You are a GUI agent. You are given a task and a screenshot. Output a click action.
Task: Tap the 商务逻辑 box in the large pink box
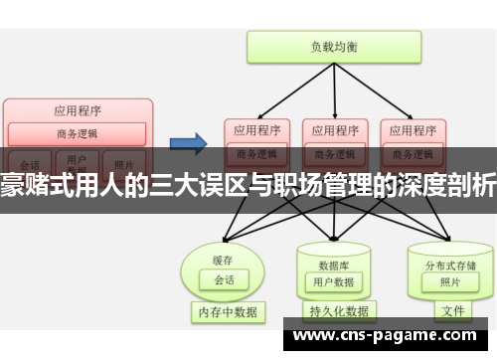click(x=77, y=134)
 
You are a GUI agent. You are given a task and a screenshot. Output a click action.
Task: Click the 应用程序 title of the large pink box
click(x=77, y=110)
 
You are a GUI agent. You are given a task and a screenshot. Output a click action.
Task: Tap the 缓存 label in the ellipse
click(x=222, y=233)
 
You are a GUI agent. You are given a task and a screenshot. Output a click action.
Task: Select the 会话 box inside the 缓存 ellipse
click(x=224, y=253)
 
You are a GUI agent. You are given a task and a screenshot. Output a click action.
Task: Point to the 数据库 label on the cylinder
click(x=332, y=237)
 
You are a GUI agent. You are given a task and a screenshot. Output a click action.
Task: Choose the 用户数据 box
click(x=333, y=255)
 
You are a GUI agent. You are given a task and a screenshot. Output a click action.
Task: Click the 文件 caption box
click(x=452, y=311)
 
